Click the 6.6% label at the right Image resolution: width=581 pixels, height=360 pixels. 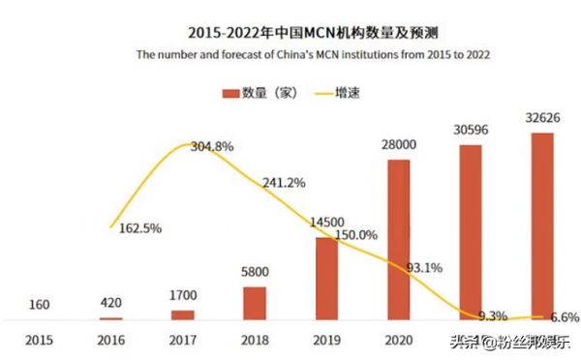click(x=564, y=316)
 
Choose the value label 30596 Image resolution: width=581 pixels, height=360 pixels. click(x=470, y=130)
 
